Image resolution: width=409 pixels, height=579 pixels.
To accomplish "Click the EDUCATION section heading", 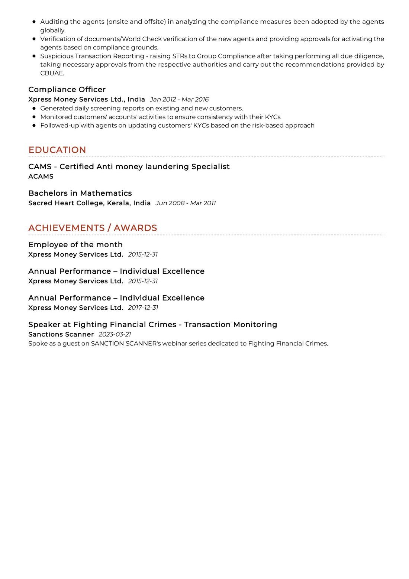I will pyautogui.click(x=57, y=150).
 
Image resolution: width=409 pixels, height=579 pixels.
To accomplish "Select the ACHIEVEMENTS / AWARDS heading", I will pyautogui.click(x=93, y=228).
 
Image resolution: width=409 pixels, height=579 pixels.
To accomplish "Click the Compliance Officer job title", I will pyautogui.click(x=67, y=90).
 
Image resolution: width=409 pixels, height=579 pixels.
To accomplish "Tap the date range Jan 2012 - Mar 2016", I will pyautogui.click(x=179, y=99).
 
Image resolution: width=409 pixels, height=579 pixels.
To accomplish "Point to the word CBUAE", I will pyautogui.click(x=52, y=73).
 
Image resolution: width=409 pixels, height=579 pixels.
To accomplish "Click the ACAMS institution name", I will pyautogui.click(x=41, y=177).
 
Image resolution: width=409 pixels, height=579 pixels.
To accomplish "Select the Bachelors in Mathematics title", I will pyautogui.click(x=80, y=193).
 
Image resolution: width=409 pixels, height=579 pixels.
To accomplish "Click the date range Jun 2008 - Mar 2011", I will pyautogui.click(x=186, y=203).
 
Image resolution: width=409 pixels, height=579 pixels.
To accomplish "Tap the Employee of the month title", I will pyautogui.click(x=75, y=245).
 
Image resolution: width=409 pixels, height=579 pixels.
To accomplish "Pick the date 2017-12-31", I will pyautogui.click(x=143, y=308).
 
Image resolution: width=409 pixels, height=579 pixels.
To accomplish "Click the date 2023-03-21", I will pyautogui.click(x=115, y=334).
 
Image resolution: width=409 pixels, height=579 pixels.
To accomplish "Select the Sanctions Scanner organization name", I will pyautogui.click(x=61, y=334).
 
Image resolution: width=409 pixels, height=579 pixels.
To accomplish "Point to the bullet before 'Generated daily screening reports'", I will pyautogui.click(x=34, y=108).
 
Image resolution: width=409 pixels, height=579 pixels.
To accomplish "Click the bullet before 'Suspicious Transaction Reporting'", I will pyautogui.click(x=34, y=56).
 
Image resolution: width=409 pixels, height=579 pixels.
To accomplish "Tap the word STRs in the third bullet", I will pyautogui.click(x=180, y=56).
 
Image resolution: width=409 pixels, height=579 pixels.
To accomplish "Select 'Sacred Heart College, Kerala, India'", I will pyautogui.click(x=90, y=203).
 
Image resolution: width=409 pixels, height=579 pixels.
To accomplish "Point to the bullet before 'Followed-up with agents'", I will pyautogui.click(x=34, y=125).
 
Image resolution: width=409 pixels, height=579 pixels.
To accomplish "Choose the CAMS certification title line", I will pyautogui.click(x=129, y=167).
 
